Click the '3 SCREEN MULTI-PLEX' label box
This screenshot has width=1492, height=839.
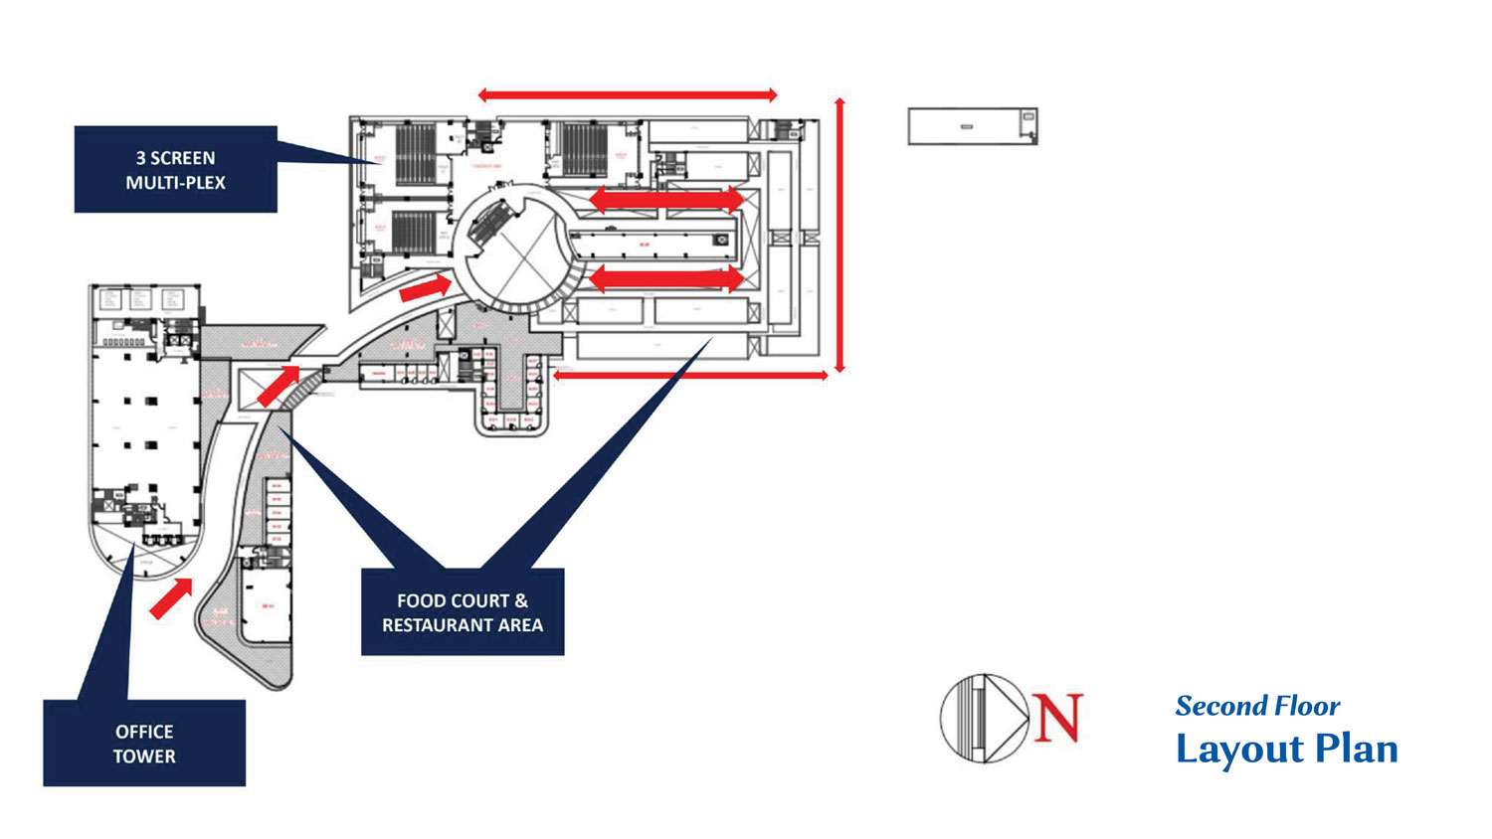175,169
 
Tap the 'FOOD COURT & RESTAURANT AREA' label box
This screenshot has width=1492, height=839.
463,612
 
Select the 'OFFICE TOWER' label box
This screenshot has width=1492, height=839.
144,744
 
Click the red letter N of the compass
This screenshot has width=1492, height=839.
1056,718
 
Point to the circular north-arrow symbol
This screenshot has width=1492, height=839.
984,718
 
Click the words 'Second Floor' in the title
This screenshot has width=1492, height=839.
1257,706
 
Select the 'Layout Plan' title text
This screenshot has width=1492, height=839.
1286,749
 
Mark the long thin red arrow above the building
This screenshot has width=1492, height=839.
627,95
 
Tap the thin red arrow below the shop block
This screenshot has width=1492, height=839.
690,375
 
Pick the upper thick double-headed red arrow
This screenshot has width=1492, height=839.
665,200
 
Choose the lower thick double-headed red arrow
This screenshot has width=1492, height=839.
665,279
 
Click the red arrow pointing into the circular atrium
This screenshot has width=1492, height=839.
425,289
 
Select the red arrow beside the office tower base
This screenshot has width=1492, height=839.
171,599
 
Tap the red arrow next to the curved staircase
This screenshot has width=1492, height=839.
279,386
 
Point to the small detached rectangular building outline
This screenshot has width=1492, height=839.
972,126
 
